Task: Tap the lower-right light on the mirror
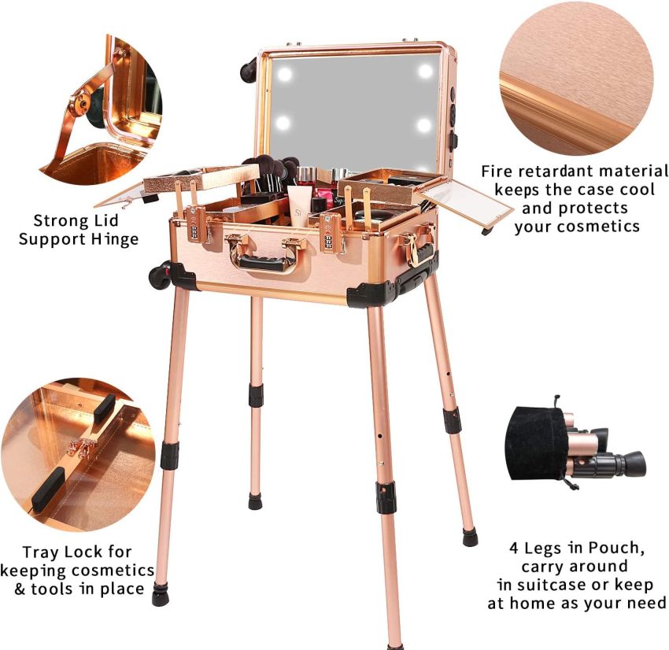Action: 425,125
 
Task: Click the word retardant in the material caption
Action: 559,172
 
